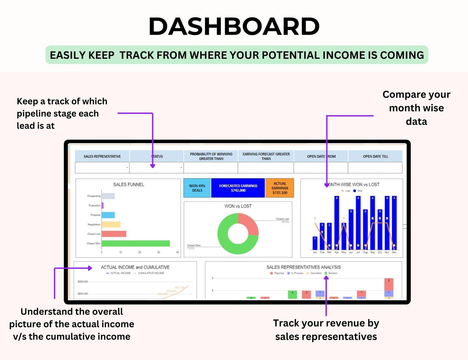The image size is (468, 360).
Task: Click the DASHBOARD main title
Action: click(x=234, y=27)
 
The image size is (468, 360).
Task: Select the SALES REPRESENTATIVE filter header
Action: click(x=102, y=156)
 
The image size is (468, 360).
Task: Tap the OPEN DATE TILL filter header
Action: click(x=375, y=156)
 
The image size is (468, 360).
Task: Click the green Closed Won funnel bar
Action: click(x=136, y=243)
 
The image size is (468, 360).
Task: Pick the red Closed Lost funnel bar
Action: click(x=114, y=234)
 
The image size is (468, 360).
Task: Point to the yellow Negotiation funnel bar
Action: click(x=111, y=224)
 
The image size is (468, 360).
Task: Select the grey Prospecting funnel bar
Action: click(x=108, y=196)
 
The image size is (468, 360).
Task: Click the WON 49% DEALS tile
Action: click(x=197, y=188)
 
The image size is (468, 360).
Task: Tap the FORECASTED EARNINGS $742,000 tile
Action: click(x=238, y=188)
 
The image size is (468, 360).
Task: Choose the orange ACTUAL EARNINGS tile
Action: click(x=280, y=188)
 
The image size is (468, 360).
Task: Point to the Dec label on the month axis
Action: click(x=394, y=252)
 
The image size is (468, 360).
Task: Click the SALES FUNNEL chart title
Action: click(x=129, y=184)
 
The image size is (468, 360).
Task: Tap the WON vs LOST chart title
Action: click(x=238, y=206)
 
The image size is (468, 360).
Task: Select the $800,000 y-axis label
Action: click(x=83, y=282)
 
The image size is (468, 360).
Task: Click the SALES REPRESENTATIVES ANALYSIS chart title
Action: click(x=303, y=267)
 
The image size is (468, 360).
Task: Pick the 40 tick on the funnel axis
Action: click(x=177, y=252)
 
